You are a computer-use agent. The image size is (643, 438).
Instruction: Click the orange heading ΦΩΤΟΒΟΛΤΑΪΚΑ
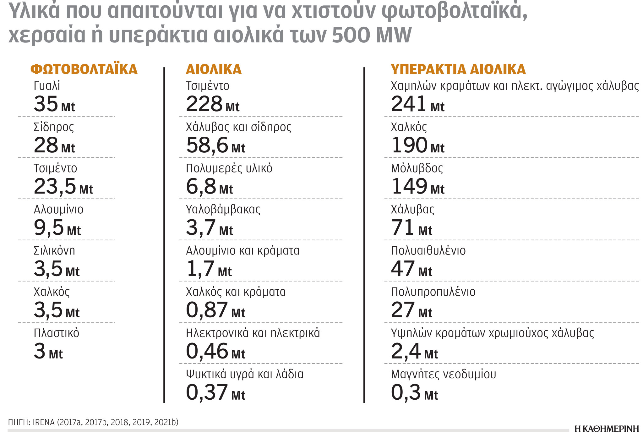pyautogui.click(x=84, y=69)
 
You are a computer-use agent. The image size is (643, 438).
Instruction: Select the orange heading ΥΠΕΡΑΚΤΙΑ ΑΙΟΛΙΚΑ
pyautogui.click(x=458, y=69)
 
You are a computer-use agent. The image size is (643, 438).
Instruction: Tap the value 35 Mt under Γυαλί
pyautogui.click(x=54, y=104)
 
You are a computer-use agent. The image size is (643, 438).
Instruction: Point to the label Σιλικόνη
pyautogui.click(x=54, y=251)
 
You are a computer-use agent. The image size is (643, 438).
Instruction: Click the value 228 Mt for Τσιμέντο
pyautogui.click(x=212, y=104)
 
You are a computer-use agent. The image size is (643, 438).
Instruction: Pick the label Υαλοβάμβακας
pyautogui.click(x=223, y=210)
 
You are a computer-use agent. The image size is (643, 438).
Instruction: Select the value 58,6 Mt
pyautogui.click(x=215, y=145)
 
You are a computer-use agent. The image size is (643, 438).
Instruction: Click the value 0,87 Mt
pyautogui.click(x=215, y=310)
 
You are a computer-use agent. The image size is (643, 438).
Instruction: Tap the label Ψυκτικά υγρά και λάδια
pyautogui.click(x=244, y=374)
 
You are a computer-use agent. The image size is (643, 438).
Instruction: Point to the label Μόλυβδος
pyautogui.click(x=417, y=168)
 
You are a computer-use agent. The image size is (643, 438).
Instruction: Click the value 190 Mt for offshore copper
pyautogui.click(x=417, y=145)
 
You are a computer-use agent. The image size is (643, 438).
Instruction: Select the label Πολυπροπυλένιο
pyautogui.click(x=433, y=292)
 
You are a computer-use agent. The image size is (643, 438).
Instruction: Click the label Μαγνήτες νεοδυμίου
pyautogui.click(x=443, y=374)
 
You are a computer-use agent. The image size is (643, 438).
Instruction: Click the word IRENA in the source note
pyautogui.click(x=44, y=422)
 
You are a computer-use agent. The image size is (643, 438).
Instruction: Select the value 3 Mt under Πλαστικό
pyautogui.click(x=48, y=351)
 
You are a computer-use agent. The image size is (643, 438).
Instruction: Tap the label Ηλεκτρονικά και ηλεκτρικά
pyautogui.click(x=253, y=333)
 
